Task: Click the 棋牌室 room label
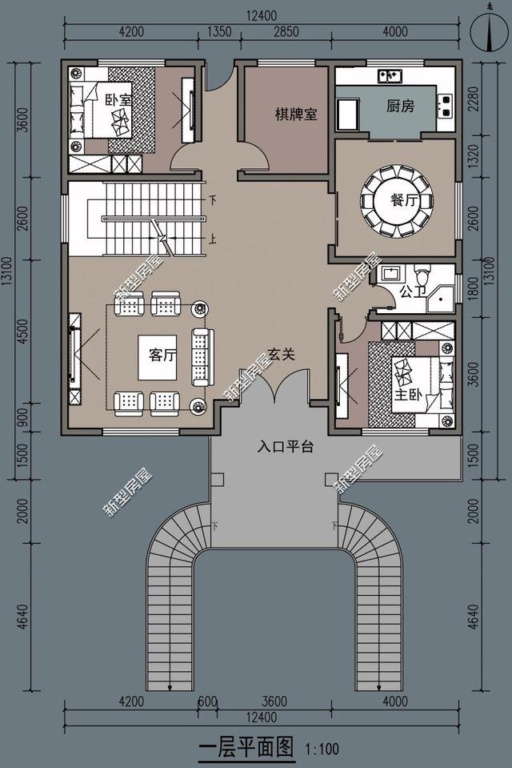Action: tap(296, 115)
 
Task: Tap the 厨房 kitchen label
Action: tap(400, 106)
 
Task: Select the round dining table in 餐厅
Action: tap(397, 201)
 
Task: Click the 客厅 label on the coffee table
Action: tap(162, 355)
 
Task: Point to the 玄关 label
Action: tap(282, 355)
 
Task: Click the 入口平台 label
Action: tap(286, 447)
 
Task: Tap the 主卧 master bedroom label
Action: tap(408, 394)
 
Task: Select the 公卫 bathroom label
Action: tap(414, 292)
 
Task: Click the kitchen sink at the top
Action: tap(390, 76)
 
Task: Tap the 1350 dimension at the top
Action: tap(218, 32)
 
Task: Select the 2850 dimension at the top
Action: tap(286, 32)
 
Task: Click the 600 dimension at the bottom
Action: tap(207, 702)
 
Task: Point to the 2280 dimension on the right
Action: tap(474, 99)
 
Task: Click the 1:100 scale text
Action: tap(322, 750)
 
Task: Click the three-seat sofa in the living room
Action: tap(202, 357)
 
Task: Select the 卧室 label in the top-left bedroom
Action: tap(119, 100)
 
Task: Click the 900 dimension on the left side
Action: tap(23, 418)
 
